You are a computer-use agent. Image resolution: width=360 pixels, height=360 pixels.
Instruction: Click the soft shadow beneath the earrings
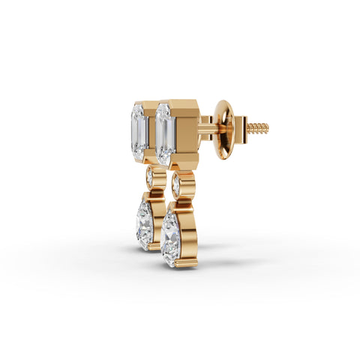click(x=225, y=259)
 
